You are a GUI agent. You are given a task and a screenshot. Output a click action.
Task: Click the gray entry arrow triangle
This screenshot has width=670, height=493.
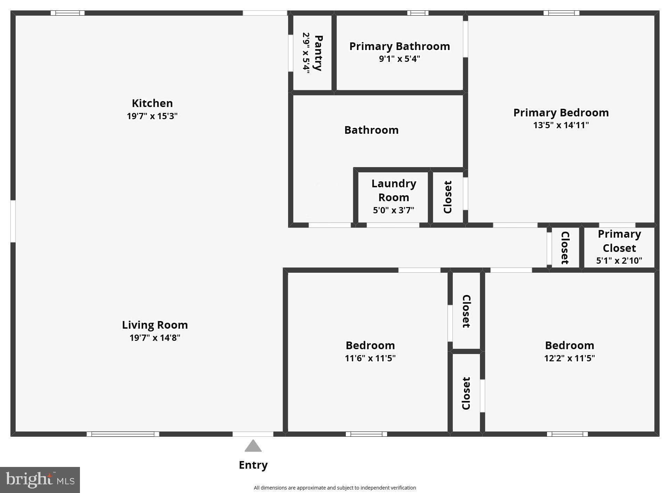click(253, 446)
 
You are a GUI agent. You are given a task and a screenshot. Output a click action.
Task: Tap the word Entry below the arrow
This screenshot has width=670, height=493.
click(253, 465)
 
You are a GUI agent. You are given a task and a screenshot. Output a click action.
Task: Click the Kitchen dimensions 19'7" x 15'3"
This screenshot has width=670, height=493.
click(152, 116)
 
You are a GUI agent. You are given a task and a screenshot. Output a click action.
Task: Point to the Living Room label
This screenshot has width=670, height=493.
click(155, 325)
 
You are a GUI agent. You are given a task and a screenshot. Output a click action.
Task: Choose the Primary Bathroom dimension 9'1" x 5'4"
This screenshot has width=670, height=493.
click(399, 59)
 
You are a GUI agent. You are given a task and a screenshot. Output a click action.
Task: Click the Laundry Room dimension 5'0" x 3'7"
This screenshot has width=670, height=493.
click(393, 210)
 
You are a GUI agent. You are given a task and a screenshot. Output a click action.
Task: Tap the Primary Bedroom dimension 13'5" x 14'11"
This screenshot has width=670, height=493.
click(561, 125)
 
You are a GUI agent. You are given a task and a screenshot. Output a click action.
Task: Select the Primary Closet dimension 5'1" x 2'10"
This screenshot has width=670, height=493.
click(619, 261)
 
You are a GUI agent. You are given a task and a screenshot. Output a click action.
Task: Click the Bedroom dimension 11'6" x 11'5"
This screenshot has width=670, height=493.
click(370, 358)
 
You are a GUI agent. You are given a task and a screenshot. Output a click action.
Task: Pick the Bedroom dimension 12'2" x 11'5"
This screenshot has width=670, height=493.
click(569, 358)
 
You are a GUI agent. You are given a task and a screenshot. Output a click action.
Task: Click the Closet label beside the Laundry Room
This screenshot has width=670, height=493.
click(448, 197)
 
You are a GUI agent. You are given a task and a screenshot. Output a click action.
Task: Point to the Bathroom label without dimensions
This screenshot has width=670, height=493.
click(371, 130)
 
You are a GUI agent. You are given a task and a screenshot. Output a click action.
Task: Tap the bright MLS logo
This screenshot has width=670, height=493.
click(40, 480)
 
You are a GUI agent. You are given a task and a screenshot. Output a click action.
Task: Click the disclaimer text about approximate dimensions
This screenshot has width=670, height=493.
click(335, 488)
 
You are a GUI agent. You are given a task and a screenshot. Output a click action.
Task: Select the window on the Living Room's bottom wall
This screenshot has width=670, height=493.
click(123, 434)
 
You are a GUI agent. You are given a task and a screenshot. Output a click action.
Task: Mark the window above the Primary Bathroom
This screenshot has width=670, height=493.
click(418, 13)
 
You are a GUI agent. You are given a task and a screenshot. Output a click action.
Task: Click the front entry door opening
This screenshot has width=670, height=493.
click(253, 434)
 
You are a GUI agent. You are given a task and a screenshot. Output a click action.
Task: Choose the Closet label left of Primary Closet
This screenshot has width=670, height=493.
click(565, 248)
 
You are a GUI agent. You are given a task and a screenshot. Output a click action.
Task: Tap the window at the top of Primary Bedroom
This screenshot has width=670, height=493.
click(561, 13)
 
